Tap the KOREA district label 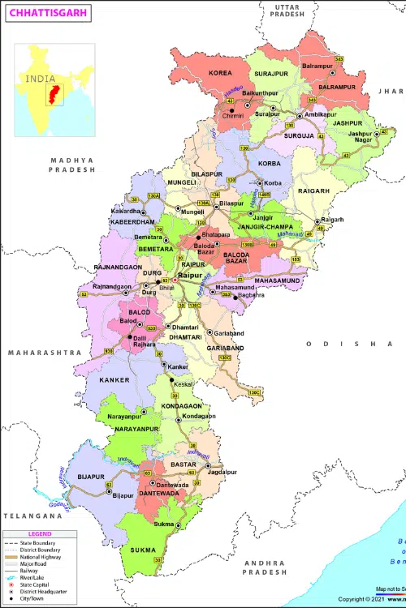tap(220, 73)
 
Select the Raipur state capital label tap(191, 276)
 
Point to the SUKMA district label tap(143, 550)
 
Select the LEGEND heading tap(39, 534)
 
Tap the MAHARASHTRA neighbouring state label tap(44, 353)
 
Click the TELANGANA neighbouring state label tap(32, 516)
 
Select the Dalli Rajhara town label tap(146, 340)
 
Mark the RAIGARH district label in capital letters tap(313, 191)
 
